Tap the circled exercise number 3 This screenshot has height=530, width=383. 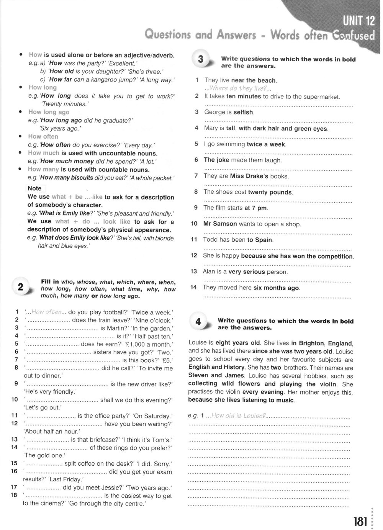(x=201, y=59)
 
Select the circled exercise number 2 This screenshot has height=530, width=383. (x=21, y=287)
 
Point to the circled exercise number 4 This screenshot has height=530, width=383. (x=198, y=322)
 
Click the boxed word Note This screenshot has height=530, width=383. (x=34, y=188)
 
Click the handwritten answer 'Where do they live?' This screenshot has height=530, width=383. (x=238, y=88)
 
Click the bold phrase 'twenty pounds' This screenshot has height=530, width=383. (x=270, y=192)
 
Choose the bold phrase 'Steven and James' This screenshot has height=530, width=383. (x=216, y=375)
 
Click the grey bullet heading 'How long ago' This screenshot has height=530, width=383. (x=49, y=112)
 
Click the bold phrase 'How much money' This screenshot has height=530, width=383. (x=67, y=161)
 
